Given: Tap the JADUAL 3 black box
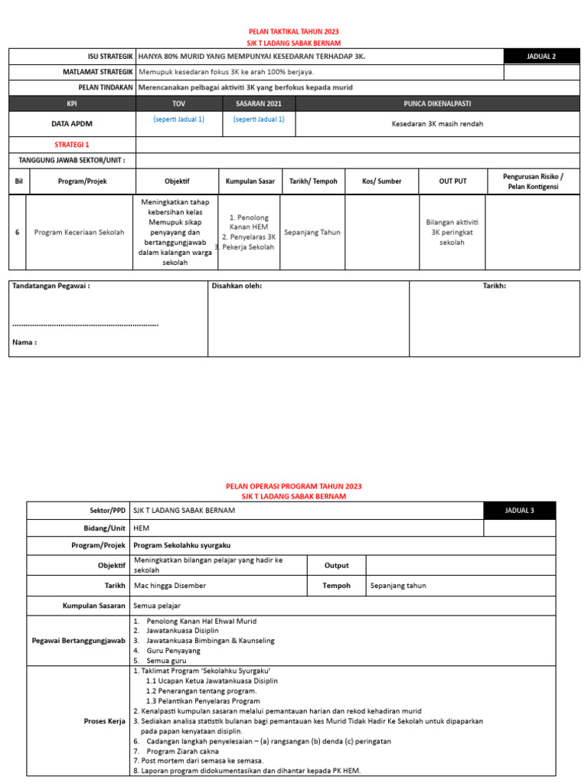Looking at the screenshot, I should pyautogui.click(x=520, y=511).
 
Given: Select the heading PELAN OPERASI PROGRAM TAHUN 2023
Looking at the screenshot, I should pyautogui.click(x=294, y=486).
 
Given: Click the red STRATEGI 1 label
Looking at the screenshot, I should pyautogui.click(x=71, y=144).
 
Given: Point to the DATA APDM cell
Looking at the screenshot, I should pyautogui.click(x=71, y=122).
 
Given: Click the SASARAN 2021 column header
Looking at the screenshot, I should pyautogui.click(x=258, y=103).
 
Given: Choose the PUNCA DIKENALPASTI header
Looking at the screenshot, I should pyautogui.click(x=436, y=103).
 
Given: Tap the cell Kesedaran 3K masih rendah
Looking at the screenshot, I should pyautogui.click(x=436, y=123).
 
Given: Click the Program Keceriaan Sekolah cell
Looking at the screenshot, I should pyautogui.click(x=79, y=232).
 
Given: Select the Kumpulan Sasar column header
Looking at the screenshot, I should pyautogui.click(x=250, y=181).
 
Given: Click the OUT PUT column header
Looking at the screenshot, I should pyautogui.click(x=452, y=181).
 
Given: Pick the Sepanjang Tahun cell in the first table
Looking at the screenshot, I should pyautogui.click(x=312, y=232).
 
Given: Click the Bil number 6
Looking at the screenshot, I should pyautogui.click(x=17, y=232).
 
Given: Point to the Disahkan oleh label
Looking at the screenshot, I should pyautogui.click(x=237, y=286).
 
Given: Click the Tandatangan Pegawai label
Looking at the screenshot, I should pyautogui.click(x=51, y=286).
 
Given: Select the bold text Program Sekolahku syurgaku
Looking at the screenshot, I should pyautogui.click(x=181, y=545).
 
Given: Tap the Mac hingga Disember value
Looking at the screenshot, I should pyautogui.click(x=169, y=586).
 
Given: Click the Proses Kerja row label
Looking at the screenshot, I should pyautogui.click(x=104, y=720).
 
